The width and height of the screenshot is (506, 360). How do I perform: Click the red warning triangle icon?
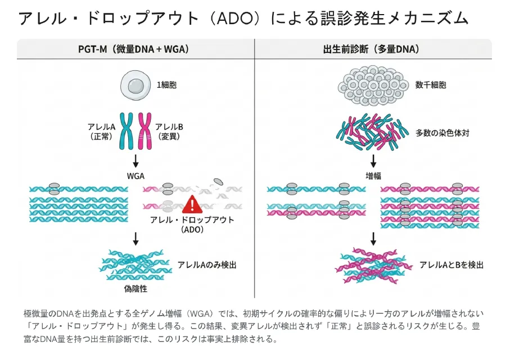tap(192, 204)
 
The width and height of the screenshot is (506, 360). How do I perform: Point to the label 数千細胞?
tap(431, 85)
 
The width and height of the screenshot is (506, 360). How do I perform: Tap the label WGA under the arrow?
tap(135, 176)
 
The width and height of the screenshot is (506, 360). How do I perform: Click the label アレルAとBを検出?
tap(451, 264)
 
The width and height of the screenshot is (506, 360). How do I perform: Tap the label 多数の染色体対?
tap(442, 133)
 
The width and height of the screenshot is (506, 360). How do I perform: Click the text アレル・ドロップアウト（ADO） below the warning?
tap(192, 224)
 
